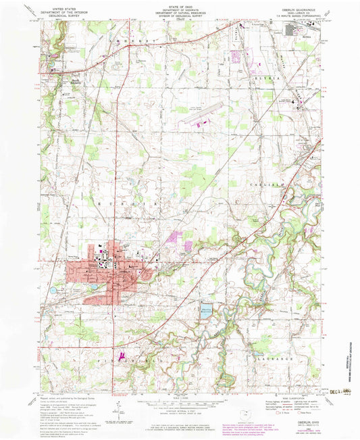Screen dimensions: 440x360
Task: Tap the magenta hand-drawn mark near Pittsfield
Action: [x=122, y=354]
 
